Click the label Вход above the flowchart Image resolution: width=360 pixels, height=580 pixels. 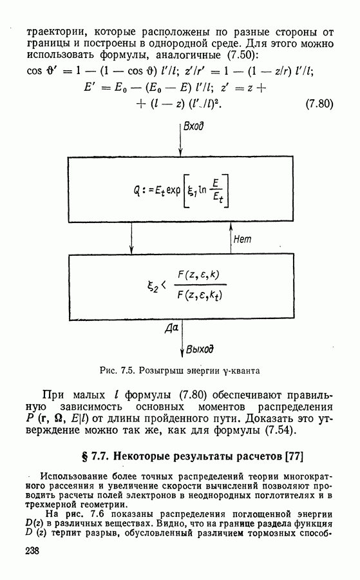coord(194,126)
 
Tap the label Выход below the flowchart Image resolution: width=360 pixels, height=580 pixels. coord(200,349)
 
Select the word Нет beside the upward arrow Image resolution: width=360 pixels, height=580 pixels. coord(242,239)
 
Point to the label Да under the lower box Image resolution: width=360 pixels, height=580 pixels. coord(171,328)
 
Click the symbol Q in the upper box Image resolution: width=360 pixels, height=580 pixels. coord(137,191)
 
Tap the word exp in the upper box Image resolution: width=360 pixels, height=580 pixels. coord(173,191)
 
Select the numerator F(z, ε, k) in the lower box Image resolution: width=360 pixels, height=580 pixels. coord(198,275)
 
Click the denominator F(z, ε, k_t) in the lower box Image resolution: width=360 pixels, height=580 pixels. coord(200,296)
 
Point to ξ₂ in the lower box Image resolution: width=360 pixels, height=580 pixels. coord(152,287)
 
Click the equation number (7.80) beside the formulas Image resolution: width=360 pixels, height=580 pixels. coord(319,104)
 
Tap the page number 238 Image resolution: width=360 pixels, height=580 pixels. coord(32,551)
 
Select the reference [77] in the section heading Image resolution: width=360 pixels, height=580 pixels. coord(294,456)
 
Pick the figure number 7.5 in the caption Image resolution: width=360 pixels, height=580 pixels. coord(127,371)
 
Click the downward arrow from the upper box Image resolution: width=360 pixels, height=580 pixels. coord(131,238)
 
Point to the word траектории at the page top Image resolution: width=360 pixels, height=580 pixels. coord(55,33)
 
